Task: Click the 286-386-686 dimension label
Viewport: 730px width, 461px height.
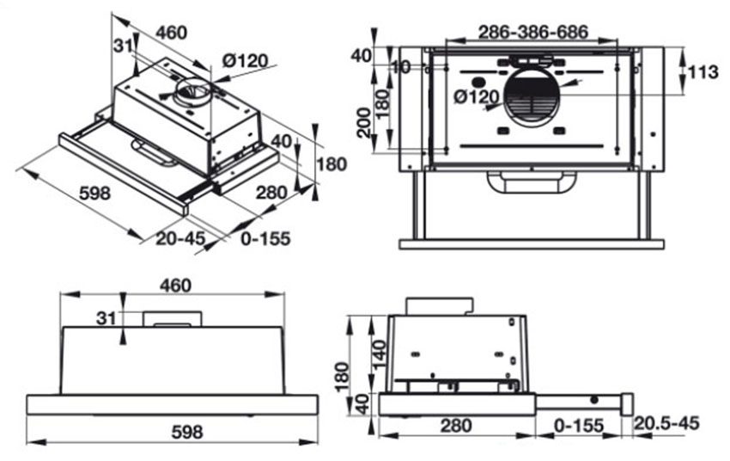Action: (533, 33)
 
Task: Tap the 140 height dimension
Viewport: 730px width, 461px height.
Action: (381, 350)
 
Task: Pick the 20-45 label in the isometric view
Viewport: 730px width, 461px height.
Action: (180, 238)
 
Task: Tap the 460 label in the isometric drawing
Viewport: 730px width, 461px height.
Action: (171, 33)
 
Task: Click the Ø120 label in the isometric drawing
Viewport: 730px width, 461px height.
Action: (245, 61)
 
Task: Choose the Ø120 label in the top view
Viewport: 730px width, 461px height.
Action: (477, 97)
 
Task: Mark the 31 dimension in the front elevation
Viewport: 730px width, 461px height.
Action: (106, 319)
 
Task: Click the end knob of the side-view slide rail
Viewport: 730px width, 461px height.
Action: (627, 402)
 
